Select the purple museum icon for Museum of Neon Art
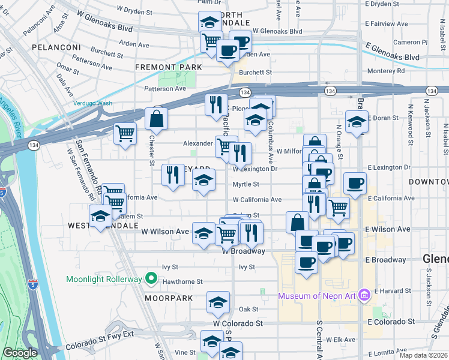[363, 295]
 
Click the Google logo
[19, 353]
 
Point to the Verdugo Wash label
[93, 103]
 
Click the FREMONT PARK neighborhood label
[169, 67]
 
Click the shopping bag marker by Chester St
[156, 119]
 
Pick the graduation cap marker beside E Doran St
[357, 122]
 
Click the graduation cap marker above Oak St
[218, 302]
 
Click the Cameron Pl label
[411, 43]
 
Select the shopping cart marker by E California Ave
[339, 208]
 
